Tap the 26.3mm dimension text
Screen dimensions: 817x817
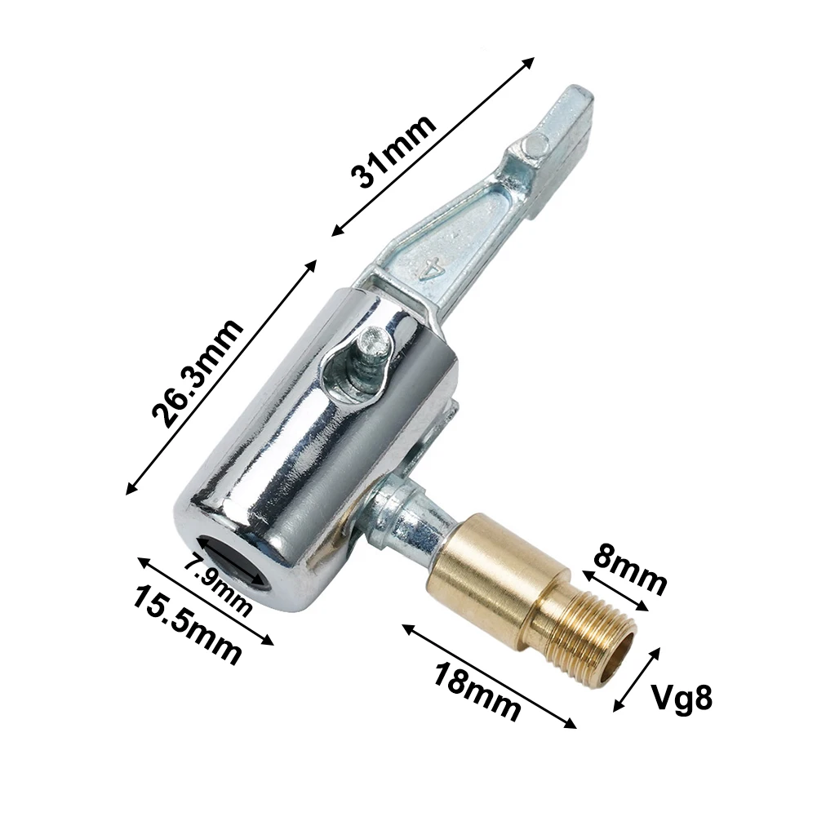coord(198,374)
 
